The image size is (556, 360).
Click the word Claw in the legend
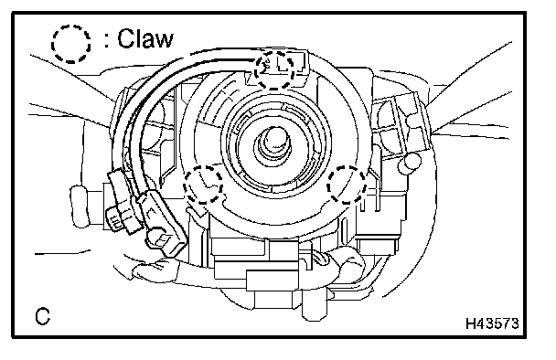[x=145, y=38]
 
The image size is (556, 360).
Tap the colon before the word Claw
[x=107, y=40]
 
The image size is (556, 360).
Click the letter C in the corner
[x=43, y=316]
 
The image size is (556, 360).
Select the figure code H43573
[x=492, y=323]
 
